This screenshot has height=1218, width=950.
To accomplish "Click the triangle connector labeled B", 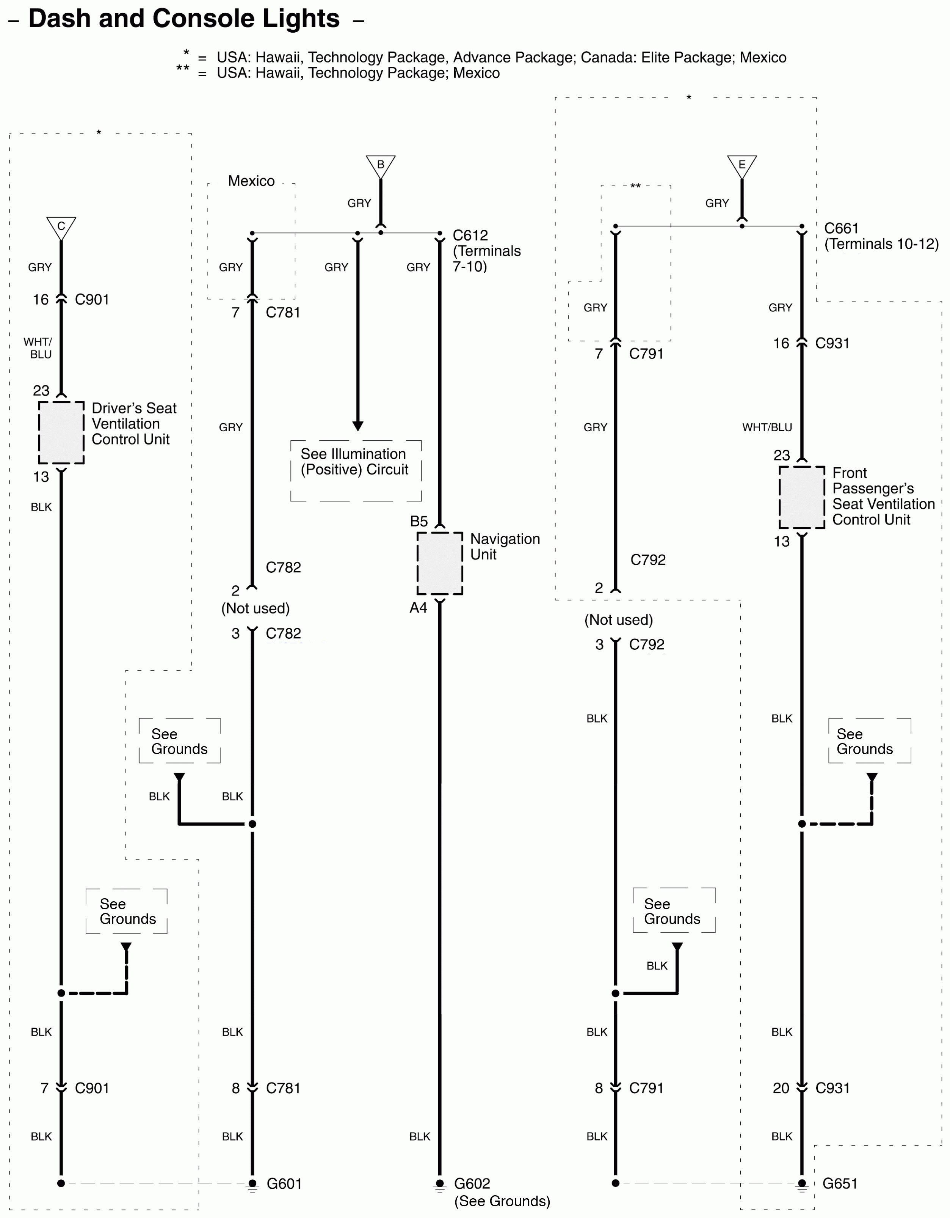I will pos(380,166).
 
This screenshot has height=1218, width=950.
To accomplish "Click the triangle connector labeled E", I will pos(742,166).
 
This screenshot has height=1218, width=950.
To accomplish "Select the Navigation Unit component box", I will pos(439,563).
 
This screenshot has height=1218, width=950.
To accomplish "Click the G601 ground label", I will pos(284,1183).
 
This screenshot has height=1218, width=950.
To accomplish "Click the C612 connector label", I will pos(470,235).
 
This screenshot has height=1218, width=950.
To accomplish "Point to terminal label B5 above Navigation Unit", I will pos(419,522).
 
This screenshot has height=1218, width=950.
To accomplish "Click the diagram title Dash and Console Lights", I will pos(184,19).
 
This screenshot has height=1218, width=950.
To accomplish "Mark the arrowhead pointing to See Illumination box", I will pos(358,426).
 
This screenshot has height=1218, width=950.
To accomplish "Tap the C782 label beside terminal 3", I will pos(283,633).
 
